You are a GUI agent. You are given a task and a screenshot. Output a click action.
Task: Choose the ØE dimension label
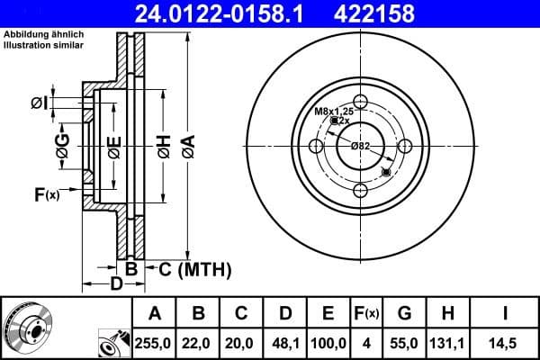(x=114, y=146)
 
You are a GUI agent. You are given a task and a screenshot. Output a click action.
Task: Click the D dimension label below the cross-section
(x=115, y=285)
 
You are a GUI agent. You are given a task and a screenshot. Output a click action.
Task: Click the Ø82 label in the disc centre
(x=360, y=146)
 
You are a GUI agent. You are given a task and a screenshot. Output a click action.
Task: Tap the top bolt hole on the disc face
(x=360, y=101)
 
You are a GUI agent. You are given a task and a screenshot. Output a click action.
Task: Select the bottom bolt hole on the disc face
(x=360, y=190)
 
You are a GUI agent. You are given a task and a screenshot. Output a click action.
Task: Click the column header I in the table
(x=504, y=314)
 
